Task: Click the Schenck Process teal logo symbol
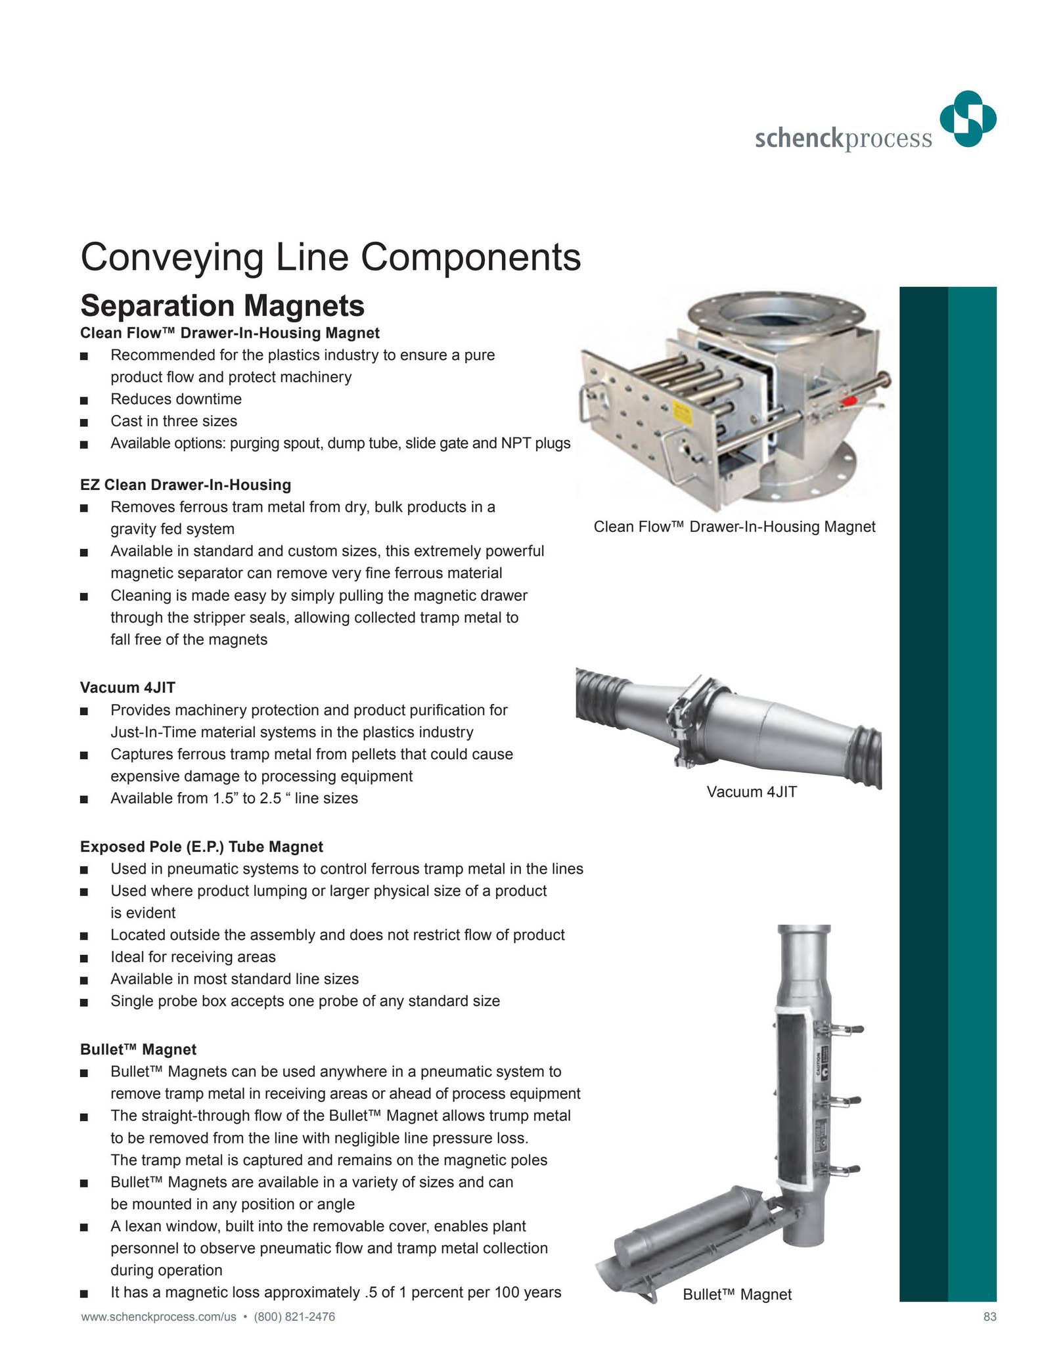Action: (968, 119)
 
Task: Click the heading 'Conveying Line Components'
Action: (330, 257)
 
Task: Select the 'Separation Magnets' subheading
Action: (222, 306)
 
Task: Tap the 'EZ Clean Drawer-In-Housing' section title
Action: (185, 485)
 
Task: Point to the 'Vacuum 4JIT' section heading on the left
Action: (127, 688)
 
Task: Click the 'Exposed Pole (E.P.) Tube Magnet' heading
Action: (202, 847)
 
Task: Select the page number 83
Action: (989, 1317)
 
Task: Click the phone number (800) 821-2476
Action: (294, 1317)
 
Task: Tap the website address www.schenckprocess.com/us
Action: (158, 1317)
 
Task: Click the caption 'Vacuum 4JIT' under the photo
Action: (752, 792)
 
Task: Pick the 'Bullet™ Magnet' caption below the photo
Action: (737, 1294)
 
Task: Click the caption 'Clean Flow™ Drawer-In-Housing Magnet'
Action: (734, 527)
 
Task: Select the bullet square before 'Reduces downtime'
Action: (83, 400)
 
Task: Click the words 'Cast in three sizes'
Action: (173, 421)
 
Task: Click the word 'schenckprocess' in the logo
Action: (843, 139)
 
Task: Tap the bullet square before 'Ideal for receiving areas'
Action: (83, 958)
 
